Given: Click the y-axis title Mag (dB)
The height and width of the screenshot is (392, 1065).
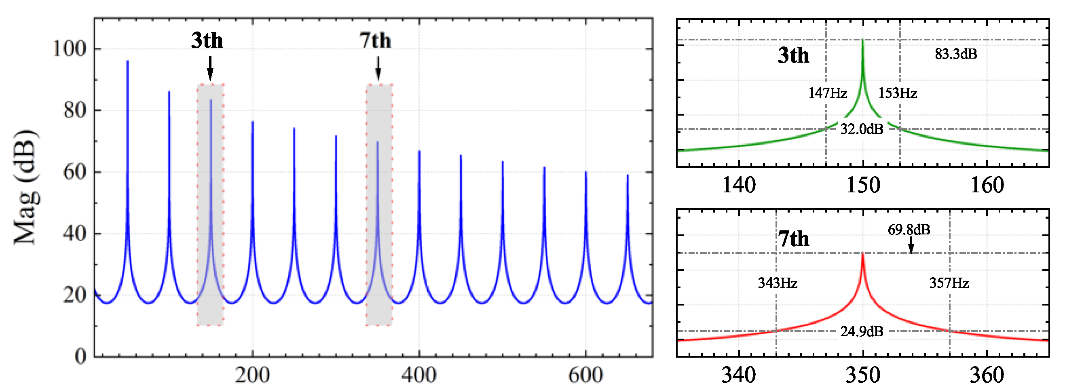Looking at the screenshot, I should pyautogui.click(x=25, y=188).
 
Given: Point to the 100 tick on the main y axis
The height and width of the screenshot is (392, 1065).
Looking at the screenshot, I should pyautogui.click(x=70, y=49).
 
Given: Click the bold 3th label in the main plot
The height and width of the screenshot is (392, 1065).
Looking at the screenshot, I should pyautogui.click(x=207, y=40).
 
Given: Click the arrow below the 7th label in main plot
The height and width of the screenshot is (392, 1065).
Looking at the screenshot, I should pyautogui.click(x=378, y=68).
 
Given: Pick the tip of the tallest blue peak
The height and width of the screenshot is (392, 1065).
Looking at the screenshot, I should pyautogui.click(x=127, y=61).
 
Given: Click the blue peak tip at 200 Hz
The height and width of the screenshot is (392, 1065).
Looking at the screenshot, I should pyautogui.click(x=253, y=122).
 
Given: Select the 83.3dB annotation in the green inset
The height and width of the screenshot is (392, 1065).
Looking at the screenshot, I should pyautogui.click(x=956, y=54).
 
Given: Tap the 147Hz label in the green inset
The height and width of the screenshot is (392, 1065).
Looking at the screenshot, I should pyautogui.click(x=828, y=93).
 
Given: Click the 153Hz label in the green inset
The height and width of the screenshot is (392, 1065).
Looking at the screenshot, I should pyautogui.click(x=898, y=93).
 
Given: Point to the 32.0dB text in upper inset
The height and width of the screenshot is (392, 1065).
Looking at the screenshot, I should pyautogui.click(x=862, y=129).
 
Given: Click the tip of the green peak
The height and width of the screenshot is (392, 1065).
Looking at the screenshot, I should pyautogui.click(x=863, y=40).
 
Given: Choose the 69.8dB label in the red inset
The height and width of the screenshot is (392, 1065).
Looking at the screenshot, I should pyautogui.click(x=909, y=230).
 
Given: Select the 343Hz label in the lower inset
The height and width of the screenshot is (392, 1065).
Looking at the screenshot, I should pyautogui.click(x=778, y=283).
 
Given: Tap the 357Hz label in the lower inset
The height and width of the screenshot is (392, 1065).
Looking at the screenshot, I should pyautogui.click(x=949, y=283).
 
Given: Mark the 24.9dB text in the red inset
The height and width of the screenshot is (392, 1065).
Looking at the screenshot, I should pyautogui.click(x=862, y=331).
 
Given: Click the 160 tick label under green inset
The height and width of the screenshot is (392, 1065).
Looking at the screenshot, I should pyautogui.click(x=987, y=185).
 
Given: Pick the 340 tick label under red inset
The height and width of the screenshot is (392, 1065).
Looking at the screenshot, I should pyautogui.click(x=739, y=375).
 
